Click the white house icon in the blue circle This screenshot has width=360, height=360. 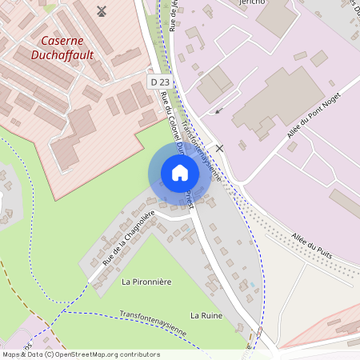180,172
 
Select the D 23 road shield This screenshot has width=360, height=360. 160,82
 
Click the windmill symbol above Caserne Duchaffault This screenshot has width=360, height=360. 101,10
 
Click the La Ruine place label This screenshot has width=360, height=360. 206,316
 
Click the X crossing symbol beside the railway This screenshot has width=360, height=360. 219,148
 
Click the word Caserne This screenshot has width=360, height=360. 62,39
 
